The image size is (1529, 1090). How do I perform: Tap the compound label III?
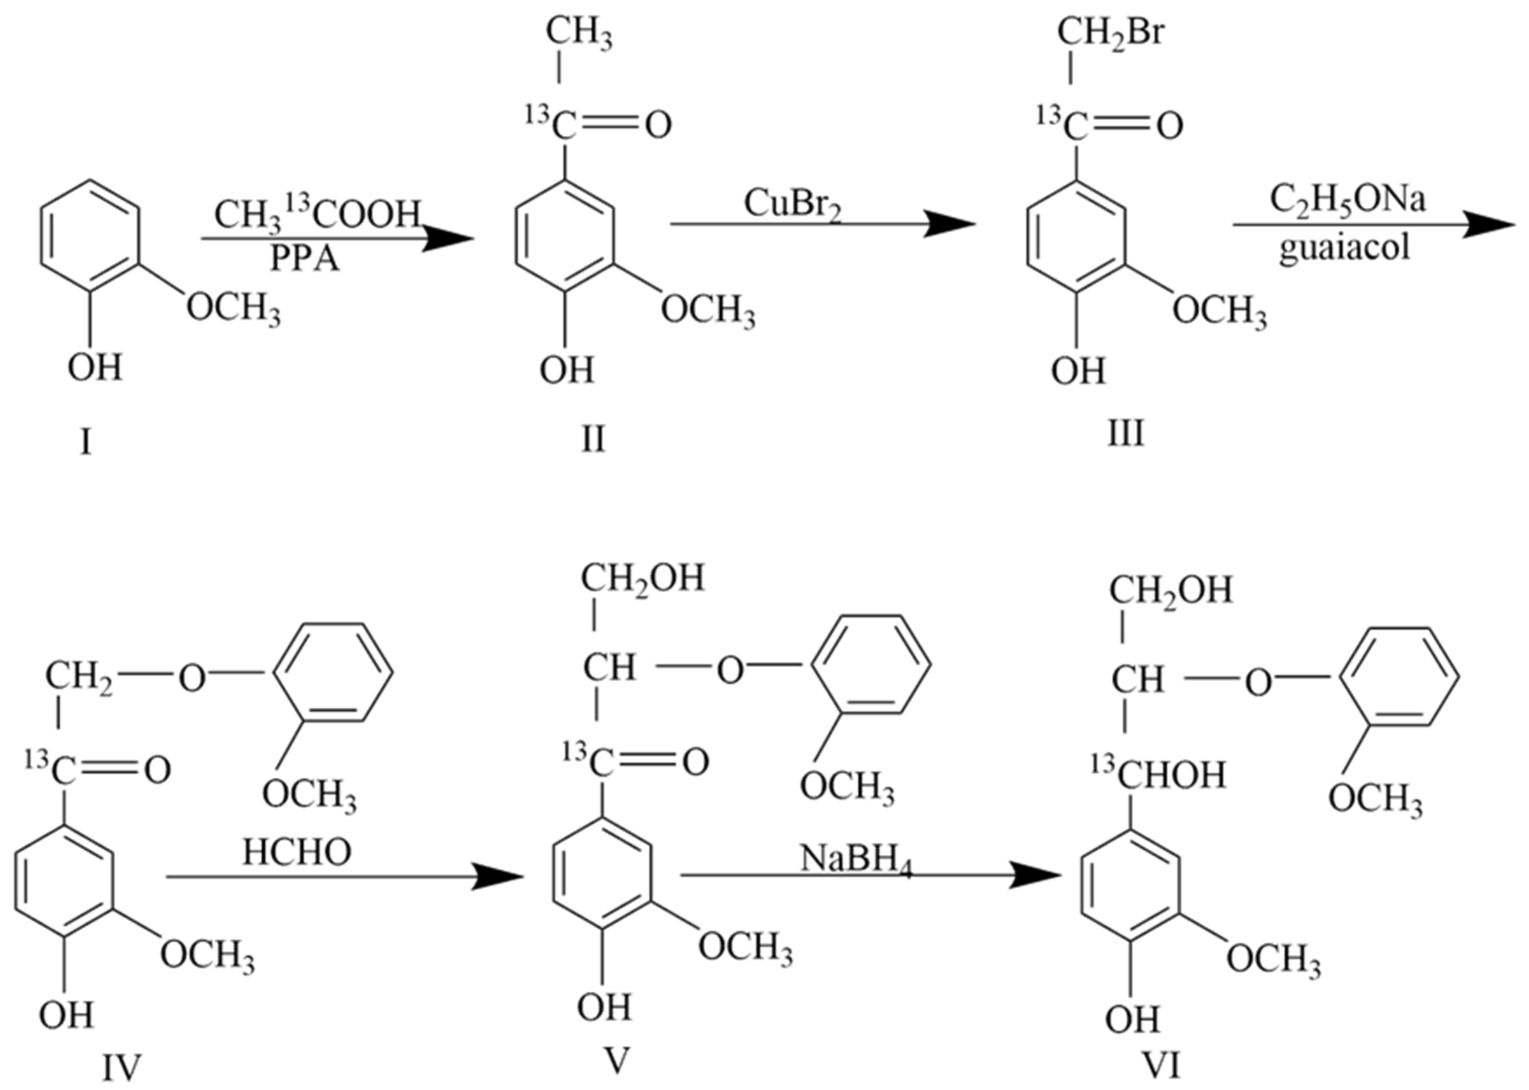coord(1126,432)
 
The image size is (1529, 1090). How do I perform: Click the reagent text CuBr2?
coord(793,205)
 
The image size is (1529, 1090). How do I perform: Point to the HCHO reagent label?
coord(297,853)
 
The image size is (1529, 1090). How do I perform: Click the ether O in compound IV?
coord(191,678)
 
